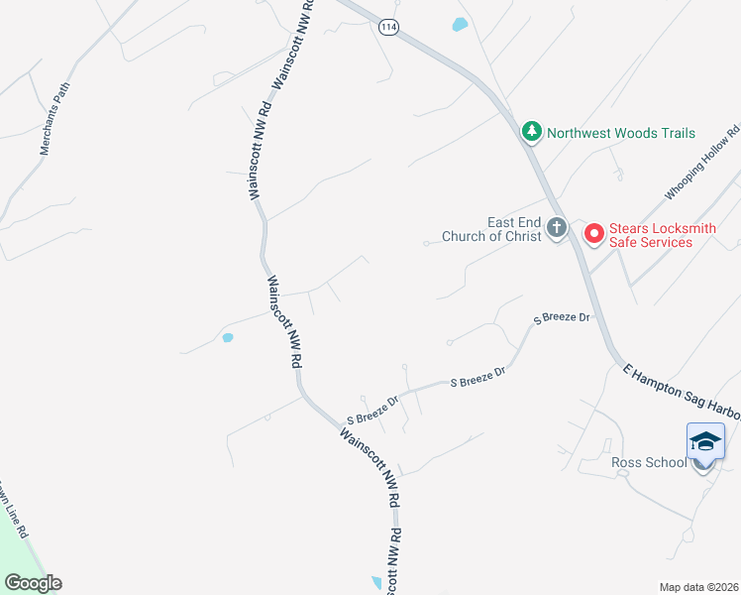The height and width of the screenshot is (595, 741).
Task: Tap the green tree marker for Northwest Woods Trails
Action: (x=532, y=132)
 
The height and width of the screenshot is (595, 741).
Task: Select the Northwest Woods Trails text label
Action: (x=621, y=133)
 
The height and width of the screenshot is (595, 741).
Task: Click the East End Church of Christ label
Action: (x=513, y=229)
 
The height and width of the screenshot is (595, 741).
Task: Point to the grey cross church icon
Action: (x=556, y=229)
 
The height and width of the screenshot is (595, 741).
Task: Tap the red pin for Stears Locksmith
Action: (x=594, y=234)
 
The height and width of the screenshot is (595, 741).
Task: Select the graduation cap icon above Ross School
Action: (x=704, y=441)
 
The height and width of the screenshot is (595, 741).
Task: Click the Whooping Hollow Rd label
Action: (x=701, y=162)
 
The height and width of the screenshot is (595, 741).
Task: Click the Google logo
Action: (x=33, y=583)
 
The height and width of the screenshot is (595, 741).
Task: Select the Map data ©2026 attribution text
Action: (x=698, y=587)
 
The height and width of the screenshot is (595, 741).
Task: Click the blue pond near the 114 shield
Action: (x=459, y=25)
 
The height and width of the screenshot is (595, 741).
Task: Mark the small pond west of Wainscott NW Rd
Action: (x=228, y=338)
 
